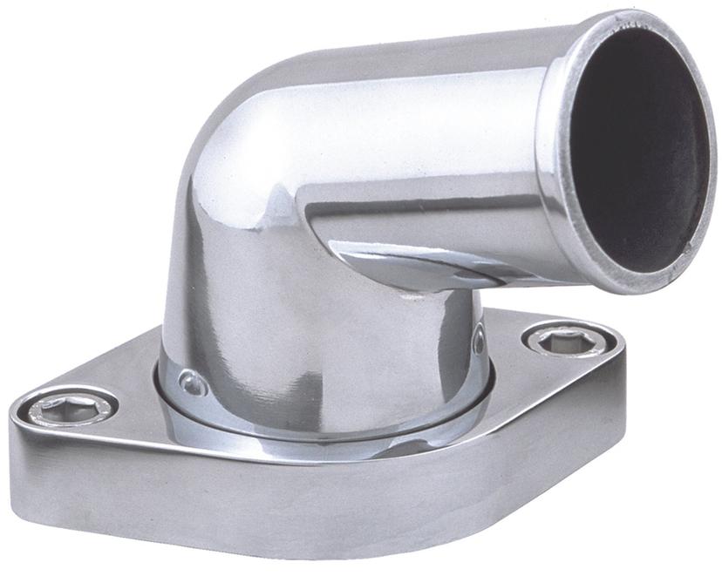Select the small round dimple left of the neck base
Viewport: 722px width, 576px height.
pyautogui.click(x=189, y=382)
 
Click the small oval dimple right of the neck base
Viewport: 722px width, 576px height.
pyautogui.click(x=479, y=341)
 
